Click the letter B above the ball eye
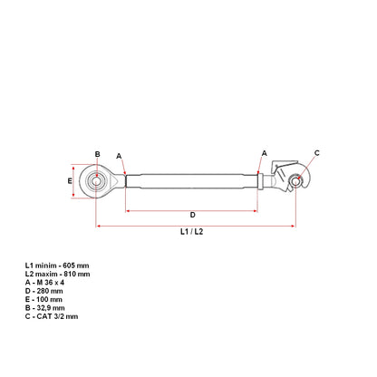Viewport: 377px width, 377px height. click(x=97, y=154)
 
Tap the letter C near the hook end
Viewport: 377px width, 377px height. click(x=316, y=153)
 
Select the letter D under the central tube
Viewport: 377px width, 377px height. click(x=192, y=215)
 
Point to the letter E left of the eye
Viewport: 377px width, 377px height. click(x=70, y=181)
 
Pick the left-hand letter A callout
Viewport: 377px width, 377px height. click(x=119, y=155)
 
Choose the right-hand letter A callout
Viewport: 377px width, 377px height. click(x=265, y=153)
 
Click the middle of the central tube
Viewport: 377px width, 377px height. click(x=192, y=181)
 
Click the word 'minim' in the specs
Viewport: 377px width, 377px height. click(x=46, y=264)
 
